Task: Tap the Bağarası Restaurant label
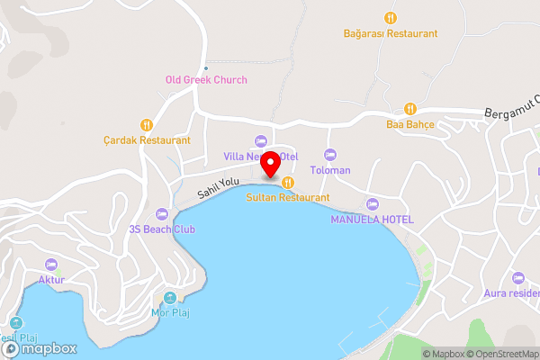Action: tap(390, 33)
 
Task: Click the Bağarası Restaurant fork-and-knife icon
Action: tap(390, 17)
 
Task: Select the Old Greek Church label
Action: tap(206, 79)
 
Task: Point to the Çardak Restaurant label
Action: tap(147, 140)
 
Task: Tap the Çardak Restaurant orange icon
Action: tap(147, 124)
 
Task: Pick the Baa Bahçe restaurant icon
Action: tap(410, 106)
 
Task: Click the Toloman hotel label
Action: tap(329, 170)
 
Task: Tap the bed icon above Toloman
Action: tap(329, 154)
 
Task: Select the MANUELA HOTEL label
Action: tap(373, 220)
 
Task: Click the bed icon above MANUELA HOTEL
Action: tap(373, 203)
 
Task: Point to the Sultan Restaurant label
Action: tap(288, 197)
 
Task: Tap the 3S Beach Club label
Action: tap(162, 229)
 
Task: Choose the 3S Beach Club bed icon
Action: tap(162, 213)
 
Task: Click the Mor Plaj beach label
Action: tap(170, 312)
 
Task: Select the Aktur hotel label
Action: tap(51, 280)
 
